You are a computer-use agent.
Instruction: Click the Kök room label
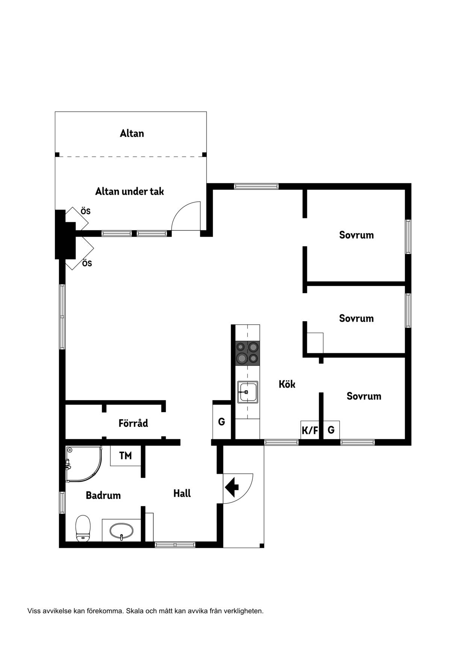coord(287,384)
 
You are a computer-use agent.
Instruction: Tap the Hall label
coord(182,493)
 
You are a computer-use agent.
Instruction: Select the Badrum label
coord(103,495)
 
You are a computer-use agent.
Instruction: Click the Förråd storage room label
coord(133,423)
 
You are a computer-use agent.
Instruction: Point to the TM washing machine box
coord(126,456)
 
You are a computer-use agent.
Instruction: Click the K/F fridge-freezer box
coord(310,430)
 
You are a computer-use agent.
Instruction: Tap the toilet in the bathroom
coord(83,528)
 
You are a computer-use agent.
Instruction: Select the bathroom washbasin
coord(121,531)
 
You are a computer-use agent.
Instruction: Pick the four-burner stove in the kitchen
coord(248,353)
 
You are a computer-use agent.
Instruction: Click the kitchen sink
coord(248,392)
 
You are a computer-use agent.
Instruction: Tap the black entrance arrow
coord(232,487)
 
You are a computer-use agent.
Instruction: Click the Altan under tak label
coord(129,191)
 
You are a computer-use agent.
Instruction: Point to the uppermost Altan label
coord(132,133)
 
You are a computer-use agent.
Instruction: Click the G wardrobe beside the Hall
coord(222,422)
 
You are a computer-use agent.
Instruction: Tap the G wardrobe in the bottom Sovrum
coord(331,430)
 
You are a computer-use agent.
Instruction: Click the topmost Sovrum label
coord(356,235)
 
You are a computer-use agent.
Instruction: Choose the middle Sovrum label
coord(356,319)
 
